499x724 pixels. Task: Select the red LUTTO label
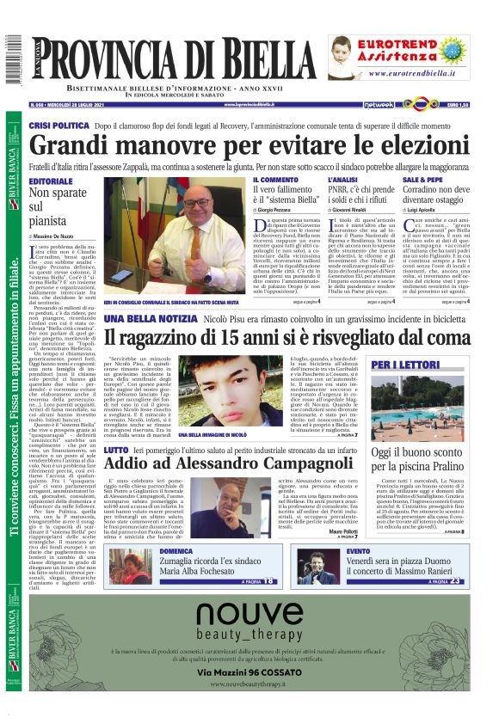117,449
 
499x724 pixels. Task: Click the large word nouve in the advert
249,617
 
